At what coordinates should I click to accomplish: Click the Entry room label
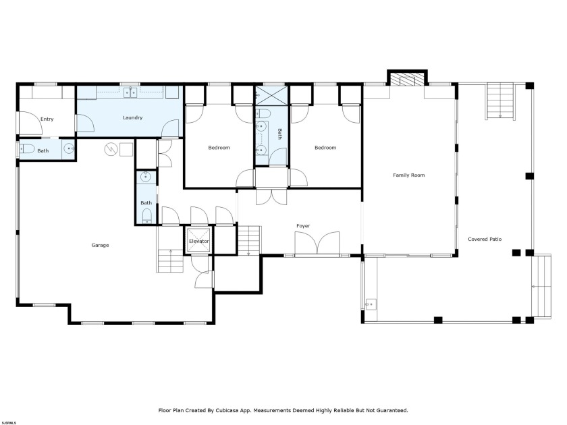(x=47, y=119)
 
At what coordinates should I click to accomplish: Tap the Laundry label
(x=132, y=118)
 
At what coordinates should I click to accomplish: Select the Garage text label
(x=100, y=245)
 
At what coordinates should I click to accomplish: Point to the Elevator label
(x=199, y=241)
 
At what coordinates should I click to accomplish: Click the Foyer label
(x=303, y=225)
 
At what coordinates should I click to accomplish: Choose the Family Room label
(x=408, y=175)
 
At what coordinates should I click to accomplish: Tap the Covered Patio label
(x=485, y=239)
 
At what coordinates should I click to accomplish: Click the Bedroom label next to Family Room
(x=325, y=148)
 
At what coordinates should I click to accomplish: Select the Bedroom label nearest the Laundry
(x=219, y=148)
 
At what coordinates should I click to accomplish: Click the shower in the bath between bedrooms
(x=271, y=94)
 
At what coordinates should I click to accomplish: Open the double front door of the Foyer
(x=317, y=244)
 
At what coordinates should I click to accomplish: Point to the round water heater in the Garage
(x=111, y=149)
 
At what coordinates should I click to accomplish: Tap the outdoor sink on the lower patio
(x=369, y=305)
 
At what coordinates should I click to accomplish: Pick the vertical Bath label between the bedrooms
(x=279, y=133)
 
